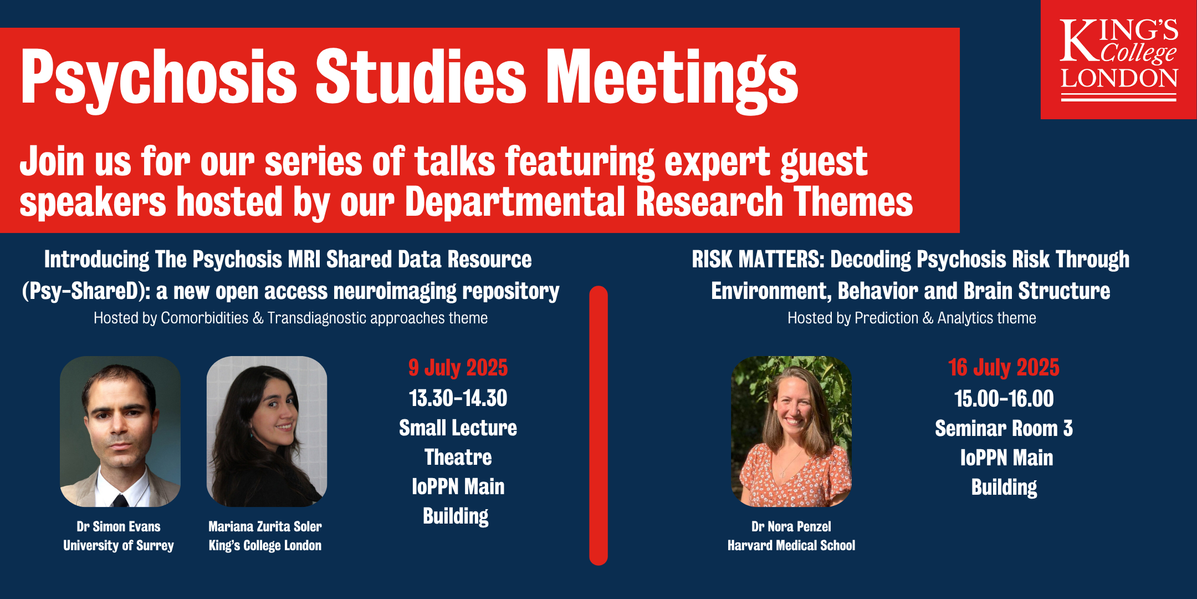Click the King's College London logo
click(1118, 59)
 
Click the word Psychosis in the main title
click(159, 78)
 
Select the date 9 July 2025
click(458, 368)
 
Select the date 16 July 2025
click(1004, 368)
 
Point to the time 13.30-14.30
click(458, 398)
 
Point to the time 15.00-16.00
click(1004, 399)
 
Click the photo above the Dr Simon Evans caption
click(120, 432)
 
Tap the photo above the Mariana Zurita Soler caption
click(267, 432)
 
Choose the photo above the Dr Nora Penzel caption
click(791, 432)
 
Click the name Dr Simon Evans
click(119, 526)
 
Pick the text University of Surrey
click(119, 546)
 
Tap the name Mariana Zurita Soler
click(265, 526)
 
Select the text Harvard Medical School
click(791, 546)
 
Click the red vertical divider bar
click(598, 425)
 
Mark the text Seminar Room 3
click(1004, 428)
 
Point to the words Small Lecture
click(458, 428)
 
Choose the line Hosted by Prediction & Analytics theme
click(912, 318)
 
